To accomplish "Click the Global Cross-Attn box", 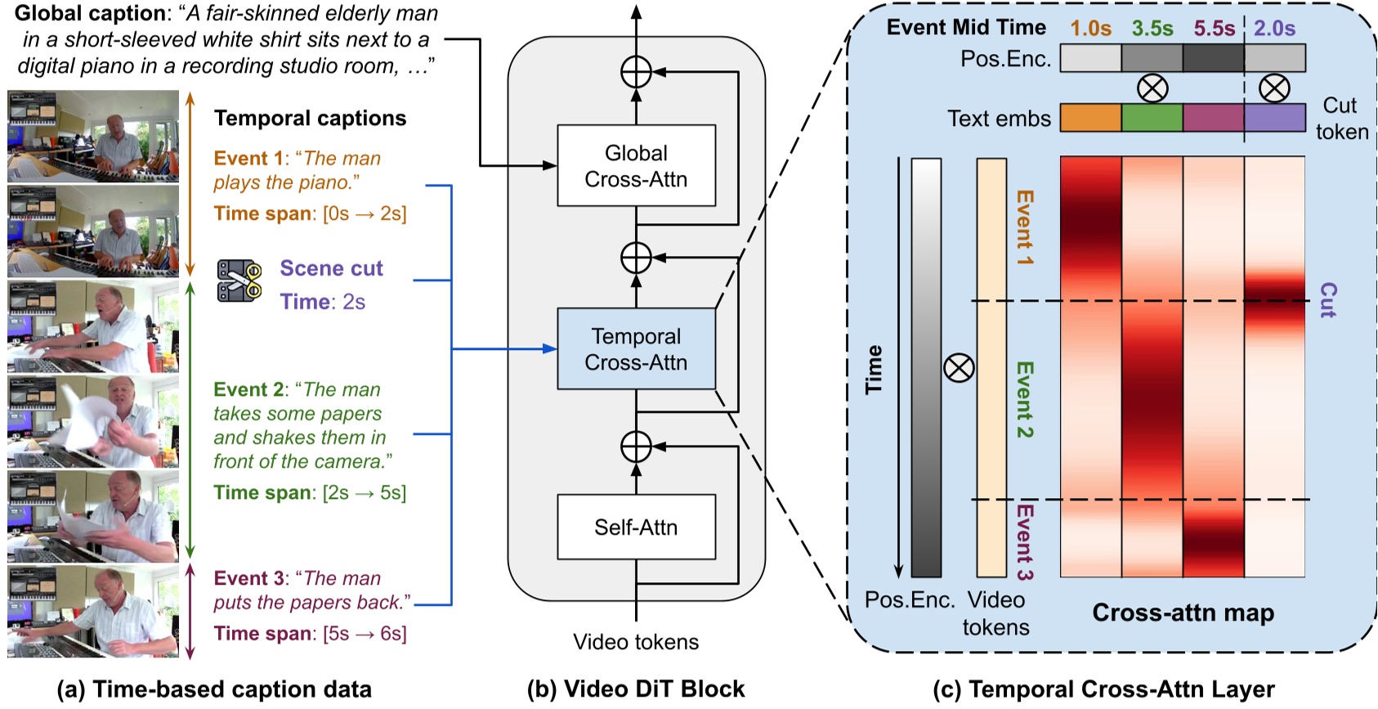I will coord(636,165).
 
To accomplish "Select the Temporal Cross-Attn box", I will coord(636,349).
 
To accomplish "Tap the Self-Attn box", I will coord(636,527).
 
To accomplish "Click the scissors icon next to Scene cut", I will coord(239,280).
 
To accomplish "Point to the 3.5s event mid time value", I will coord(1152,29).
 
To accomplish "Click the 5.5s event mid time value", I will coord(1214,29).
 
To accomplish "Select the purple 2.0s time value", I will coord(1274,29).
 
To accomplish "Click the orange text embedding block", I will coord(1090,118).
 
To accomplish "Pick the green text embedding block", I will coord(1152,118).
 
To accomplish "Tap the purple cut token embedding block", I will coord(1274,118).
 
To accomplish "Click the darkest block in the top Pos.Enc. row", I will coord(1214,58).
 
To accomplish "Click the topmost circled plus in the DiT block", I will coord(636,72).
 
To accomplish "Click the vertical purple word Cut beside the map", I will coord(1328,300).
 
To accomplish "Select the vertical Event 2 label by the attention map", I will coord(1024,400).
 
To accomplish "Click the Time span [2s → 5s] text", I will coord(310,492).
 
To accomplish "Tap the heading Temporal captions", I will coord(310,119).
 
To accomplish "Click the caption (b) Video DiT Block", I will coord(636,689).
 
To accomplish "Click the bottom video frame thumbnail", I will coord(92,611).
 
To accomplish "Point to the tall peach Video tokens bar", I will coord(991,367).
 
